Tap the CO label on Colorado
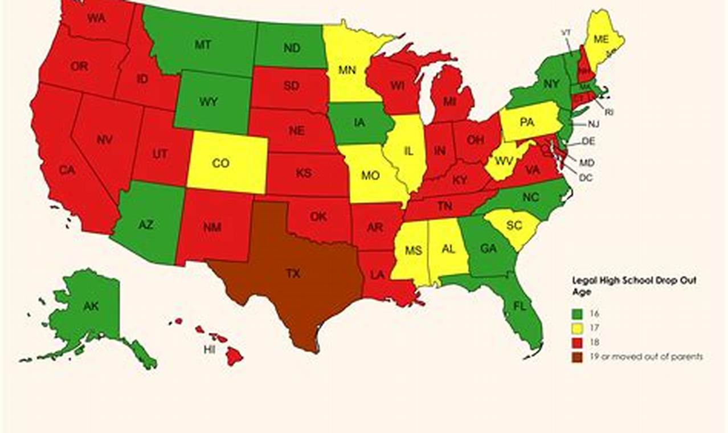click(220, 164)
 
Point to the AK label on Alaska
click(91, 306)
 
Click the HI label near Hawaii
click(210, 349)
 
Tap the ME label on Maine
click(601, 39)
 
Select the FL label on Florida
click(519, 305)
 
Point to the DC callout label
click(586, 178)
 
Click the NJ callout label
click(593, 124)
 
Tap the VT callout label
click(566, 33)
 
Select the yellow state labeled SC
click(514, 226)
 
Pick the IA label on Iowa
click(359, 122)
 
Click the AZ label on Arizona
click(146, 224)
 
